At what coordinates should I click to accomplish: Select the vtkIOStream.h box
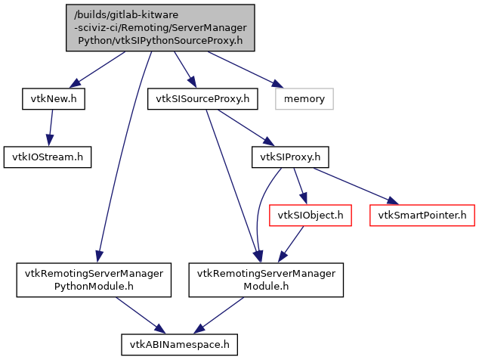point(48,157)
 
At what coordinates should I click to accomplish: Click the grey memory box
point(304,98)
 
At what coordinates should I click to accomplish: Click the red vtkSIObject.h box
point(310,216)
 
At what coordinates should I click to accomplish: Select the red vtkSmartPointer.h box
point(422,216)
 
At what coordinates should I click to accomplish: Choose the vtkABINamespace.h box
point(180,344)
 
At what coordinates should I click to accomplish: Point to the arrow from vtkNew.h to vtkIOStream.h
point(51,127)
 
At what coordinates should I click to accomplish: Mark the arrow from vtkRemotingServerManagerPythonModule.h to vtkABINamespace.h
point(139,312)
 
